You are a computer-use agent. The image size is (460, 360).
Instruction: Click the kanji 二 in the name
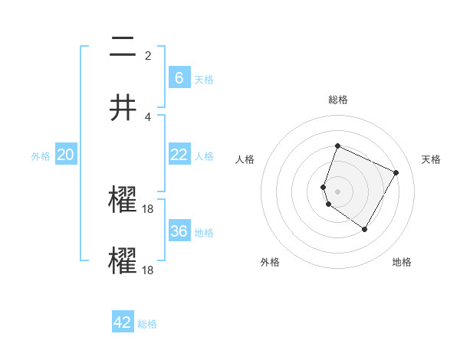[x=123, y=48]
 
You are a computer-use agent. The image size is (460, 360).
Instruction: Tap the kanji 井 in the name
[x=123, y=108]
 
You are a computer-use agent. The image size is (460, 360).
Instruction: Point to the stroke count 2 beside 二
[x=148, y=55]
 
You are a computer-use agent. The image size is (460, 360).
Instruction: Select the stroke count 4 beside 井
[x=148, y=116]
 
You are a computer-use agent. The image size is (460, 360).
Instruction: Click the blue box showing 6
[x=179, y=77]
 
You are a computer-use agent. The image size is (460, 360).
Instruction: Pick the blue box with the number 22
[x=179, y=154]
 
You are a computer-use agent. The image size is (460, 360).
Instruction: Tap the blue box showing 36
[x=179, y=231]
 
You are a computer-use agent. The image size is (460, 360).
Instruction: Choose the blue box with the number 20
[x=66, y=154]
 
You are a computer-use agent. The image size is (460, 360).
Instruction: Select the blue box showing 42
[x=123, y=322]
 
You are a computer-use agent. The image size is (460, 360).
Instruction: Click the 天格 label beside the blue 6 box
[x=204, y=80]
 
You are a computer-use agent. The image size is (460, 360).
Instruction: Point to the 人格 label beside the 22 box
[x=204, y=156]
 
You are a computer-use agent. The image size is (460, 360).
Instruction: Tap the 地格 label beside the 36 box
[x=204, y=233]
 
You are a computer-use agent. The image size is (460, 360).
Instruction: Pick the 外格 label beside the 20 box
[x=41, y=156]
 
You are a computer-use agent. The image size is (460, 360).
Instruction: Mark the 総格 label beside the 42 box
[x=147, y=325]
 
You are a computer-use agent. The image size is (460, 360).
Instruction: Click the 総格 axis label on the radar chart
[x=337, y=100]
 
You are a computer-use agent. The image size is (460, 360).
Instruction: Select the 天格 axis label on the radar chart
[x=432, y=159]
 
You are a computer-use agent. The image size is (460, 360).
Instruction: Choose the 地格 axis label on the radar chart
[x=402, y=262]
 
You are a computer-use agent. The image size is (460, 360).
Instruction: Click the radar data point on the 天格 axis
[x=396, y=172]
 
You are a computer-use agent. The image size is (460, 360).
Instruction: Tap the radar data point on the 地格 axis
[x=365, y=230]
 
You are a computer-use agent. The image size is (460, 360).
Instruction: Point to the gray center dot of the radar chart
[x=337, y=191]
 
